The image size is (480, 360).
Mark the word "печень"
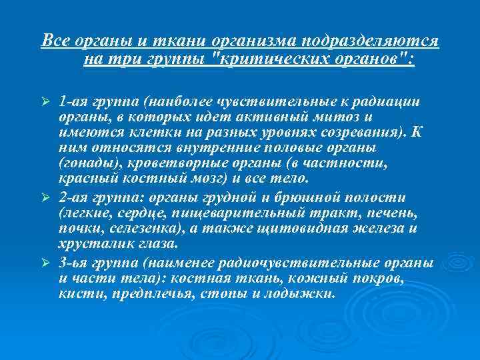point(393,213)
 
